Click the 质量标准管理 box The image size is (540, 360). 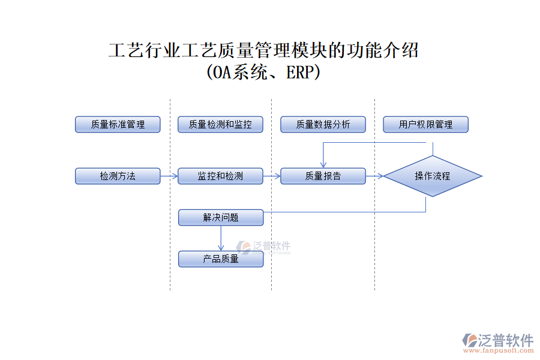(x=118, y=124)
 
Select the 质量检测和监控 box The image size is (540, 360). (x=220, y=124)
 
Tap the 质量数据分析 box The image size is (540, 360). (x=323, y=124)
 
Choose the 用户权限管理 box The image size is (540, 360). (x=425, y=124)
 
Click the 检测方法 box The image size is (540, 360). (x=118, y=176)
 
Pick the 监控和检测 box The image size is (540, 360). (x=220, y=176)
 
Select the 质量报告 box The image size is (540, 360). (x=323, y=176)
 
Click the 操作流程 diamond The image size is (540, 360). (x=433, y=176)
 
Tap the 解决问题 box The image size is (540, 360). (x=220, y=217)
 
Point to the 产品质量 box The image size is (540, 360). (x=220, y=259)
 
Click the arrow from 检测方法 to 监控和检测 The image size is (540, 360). (x=169, y=176)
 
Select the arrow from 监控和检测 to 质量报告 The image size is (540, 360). (x=272, y=176)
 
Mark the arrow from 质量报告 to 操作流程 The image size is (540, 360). (x=374, y=176)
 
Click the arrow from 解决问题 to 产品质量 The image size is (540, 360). (x=221, y=238)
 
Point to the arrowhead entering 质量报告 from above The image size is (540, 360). (x=323, y=164)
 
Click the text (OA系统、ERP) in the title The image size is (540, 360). (x=263, y=73)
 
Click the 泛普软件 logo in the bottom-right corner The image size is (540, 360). (x=497, y=340)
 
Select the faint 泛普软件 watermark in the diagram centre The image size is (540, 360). (x=264, y=247)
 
